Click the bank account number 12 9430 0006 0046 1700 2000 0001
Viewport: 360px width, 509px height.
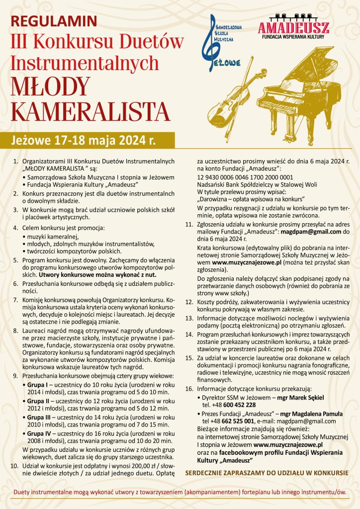245,176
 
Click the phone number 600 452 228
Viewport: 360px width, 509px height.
228,404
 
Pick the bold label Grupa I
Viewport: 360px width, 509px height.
39,385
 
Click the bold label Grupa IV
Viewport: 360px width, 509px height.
40,433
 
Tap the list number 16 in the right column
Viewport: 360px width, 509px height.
188,388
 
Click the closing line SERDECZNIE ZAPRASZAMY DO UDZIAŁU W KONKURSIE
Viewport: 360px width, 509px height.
267,472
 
